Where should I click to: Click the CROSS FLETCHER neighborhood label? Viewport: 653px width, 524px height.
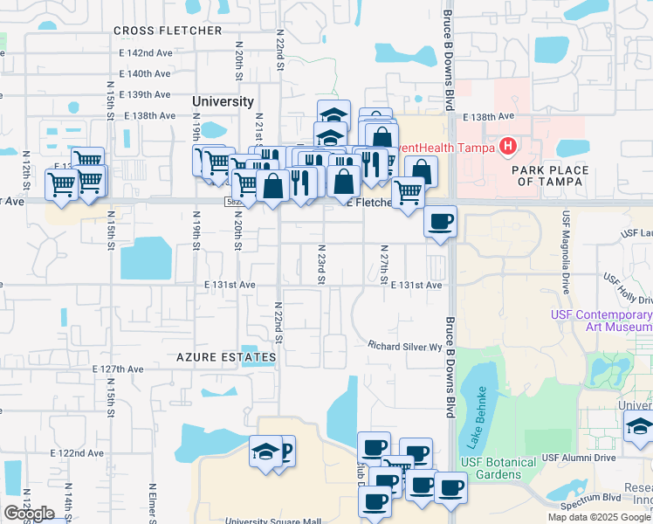pos(168,31)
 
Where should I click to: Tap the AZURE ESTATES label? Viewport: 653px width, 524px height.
pos(225,357)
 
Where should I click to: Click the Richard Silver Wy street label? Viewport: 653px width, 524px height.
pos(405,347)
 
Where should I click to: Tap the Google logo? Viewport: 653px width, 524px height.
pos(29,514)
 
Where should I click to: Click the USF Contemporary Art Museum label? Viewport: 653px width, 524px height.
pos(601,321)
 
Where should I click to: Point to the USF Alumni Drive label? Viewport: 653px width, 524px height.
pos(579,458)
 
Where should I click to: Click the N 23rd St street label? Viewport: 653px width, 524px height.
pos(321,263)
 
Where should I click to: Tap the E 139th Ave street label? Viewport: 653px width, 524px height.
pos(145,94)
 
